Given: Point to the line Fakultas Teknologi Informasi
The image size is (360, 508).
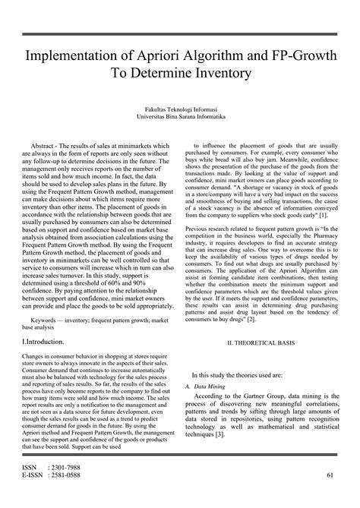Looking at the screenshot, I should pyautogui.click(x=180, y=110).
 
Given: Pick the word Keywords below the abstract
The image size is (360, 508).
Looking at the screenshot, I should pyautogui.click(x=45, y=319).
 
